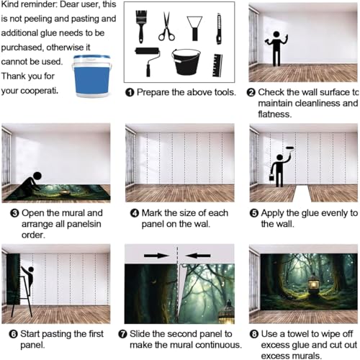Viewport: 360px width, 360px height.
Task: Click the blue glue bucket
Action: coord(91,76)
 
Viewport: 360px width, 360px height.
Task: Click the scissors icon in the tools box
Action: coord(166,27)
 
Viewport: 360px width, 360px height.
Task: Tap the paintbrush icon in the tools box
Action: coord(141,27)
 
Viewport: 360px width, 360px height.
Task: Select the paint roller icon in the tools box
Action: coord(148,62)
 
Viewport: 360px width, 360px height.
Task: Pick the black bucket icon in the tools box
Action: coord(186,62)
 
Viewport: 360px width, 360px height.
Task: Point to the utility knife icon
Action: coord(219,29)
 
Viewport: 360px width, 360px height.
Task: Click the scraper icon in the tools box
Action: coord(194,28)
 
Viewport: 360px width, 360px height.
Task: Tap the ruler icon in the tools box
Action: coord(217,66)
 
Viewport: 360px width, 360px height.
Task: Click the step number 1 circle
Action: coord(130,92)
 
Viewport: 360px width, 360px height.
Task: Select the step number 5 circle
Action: coord(254,213)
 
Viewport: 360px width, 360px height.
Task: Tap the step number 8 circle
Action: coord(254,334)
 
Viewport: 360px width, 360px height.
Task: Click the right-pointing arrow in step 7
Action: coord(156,256)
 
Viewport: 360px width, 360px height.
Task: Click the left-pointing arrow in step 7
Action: coord(198,256)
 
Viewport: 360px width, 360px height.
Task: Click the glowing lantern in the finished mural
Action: coord(314,284)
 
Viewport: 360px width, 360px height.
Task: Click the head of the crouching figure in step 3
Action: coord(37,176)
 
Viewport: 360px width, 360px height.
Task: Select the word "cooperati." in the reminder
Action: coord(40,91)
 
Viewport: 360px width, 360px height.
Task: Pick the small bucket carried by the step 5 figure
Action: coord(272,177)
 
